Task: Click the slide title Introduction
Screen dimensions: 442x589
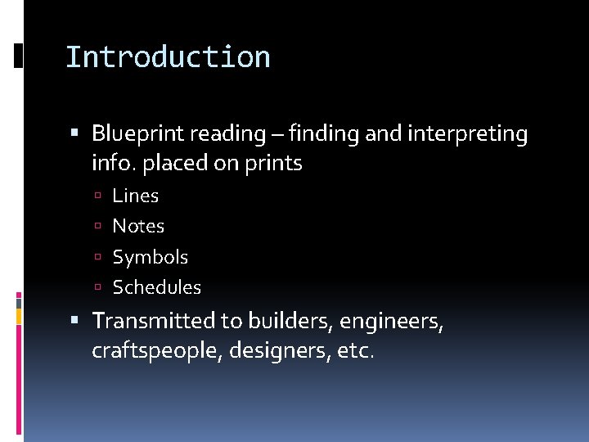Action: coord(168,57)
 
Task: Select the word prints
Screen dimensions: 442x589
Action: coord(273,164)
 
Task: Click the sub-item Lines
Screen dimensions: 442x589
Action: coord(135,196)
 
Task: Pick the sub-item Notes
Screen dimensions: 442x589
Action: coord(138,226)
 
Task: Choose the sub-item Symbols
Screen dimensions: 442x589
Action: coord(150,257)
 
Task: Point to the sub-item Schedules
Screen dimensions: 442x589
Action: coord(156,287)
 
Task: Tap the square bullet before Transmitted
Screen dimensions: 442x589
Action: coord(75,320)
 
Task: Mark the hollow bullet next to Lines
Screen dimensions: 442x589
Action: coord(98,196)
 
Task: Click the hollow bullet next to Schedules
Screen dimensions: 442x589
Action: coord(98,288)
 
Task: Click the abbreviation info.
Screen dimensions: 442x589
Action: coord(115,164)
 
